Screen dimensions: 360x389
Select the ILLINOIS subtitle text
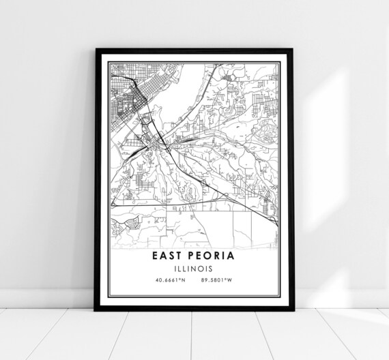pyautogui.click(x=194, y=268)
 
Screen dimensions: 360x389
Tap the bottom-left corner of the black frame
pyautogui.click(x=96, y=310)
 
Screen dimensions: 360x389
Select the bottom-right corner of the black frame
pyautogui.click(x=293, y=310)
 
